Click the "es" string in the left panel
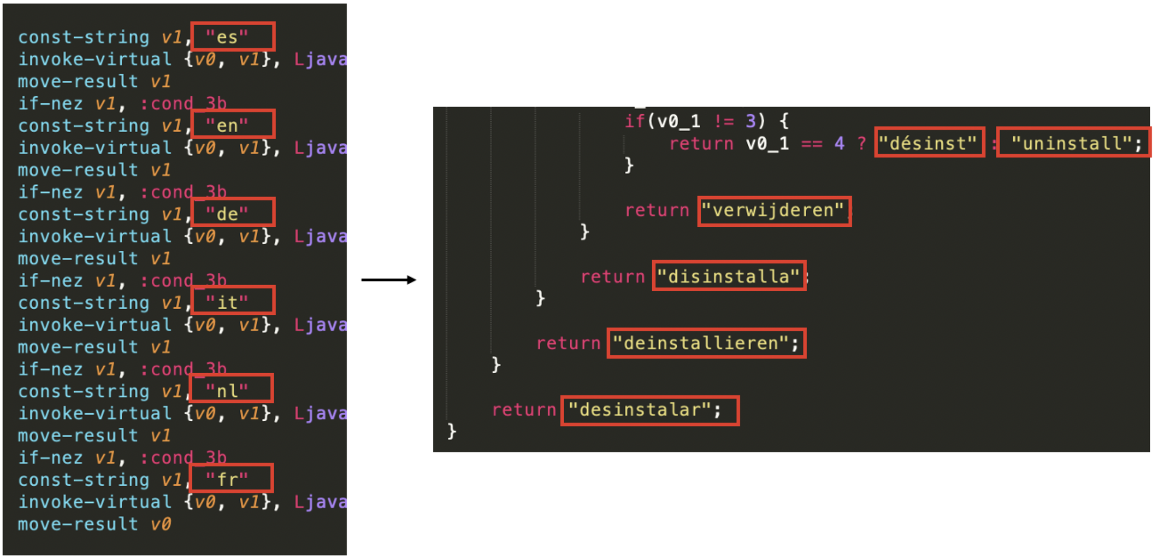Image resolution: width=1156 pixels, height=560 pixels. (x=227, y=37)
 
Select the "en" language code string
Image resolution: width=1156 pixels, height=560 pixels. (x=227, y=125)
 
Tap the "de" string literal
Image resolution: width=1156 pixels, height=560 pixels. (x=227, y=214)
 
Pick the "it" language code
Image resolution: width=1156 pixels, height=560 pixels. (x=227, y=303)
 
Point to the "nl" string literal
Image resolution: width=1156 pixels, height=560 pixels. (x=227, y=391)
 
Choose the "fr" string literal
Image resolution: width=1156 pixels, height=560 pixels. (x=227, y=480)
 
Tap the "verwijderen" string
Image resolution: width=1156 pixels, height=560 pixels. (x=772, y=210)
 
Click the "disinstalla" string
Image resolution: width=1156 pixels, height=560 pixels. (x=728, y=276)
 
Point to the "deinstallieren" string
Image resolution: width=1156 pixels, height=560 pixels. (x=700, y=343)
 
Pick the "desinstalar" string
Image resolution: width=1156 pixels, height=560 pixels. (x=639, y=410)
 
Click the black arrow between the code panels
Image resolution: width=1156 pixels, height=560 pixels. (x=389, y=279)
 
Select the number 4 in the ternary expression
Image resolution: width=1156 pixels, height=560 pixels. (x=839, y=143)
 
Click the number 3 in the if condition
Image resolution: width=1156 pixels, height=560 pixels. (x=751, y=121)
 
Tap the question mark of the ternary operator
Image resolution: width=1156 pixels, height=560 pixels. (x=862, y=143)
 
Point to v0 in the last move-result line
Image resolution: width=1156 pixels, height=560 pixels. (x=161, y=524)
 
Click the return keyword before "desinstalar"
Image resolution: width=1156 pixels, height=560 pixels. (x=524, y=410)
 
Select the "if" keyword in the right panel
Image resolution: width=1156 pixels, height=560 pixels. (x=635, y=121)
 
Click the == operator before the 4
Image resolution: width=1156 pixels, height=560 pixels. (x=812, y=143)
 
